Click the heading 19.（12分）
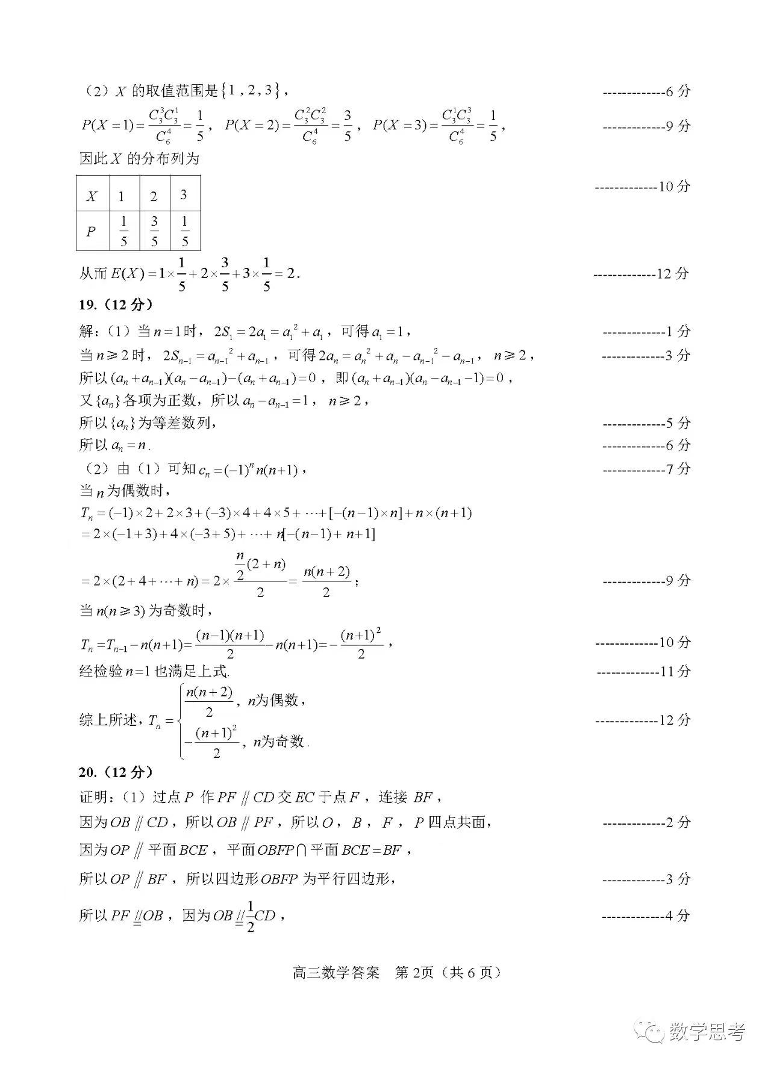[116, 305]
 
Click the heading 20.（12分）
[116, 772]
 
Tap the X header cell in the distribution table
[92, 196]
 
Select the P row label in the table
[91, 231]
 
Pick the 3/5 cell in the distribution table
[155, 231]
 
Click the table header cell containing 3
[184, 194]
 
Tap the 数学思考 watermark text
[707, 1032]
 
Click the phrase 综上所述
[109, 720]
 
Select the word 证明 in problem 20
[94, 797]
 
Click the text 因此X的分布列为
[139, 159]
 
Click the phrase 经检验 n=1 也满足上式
[154, 671]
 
